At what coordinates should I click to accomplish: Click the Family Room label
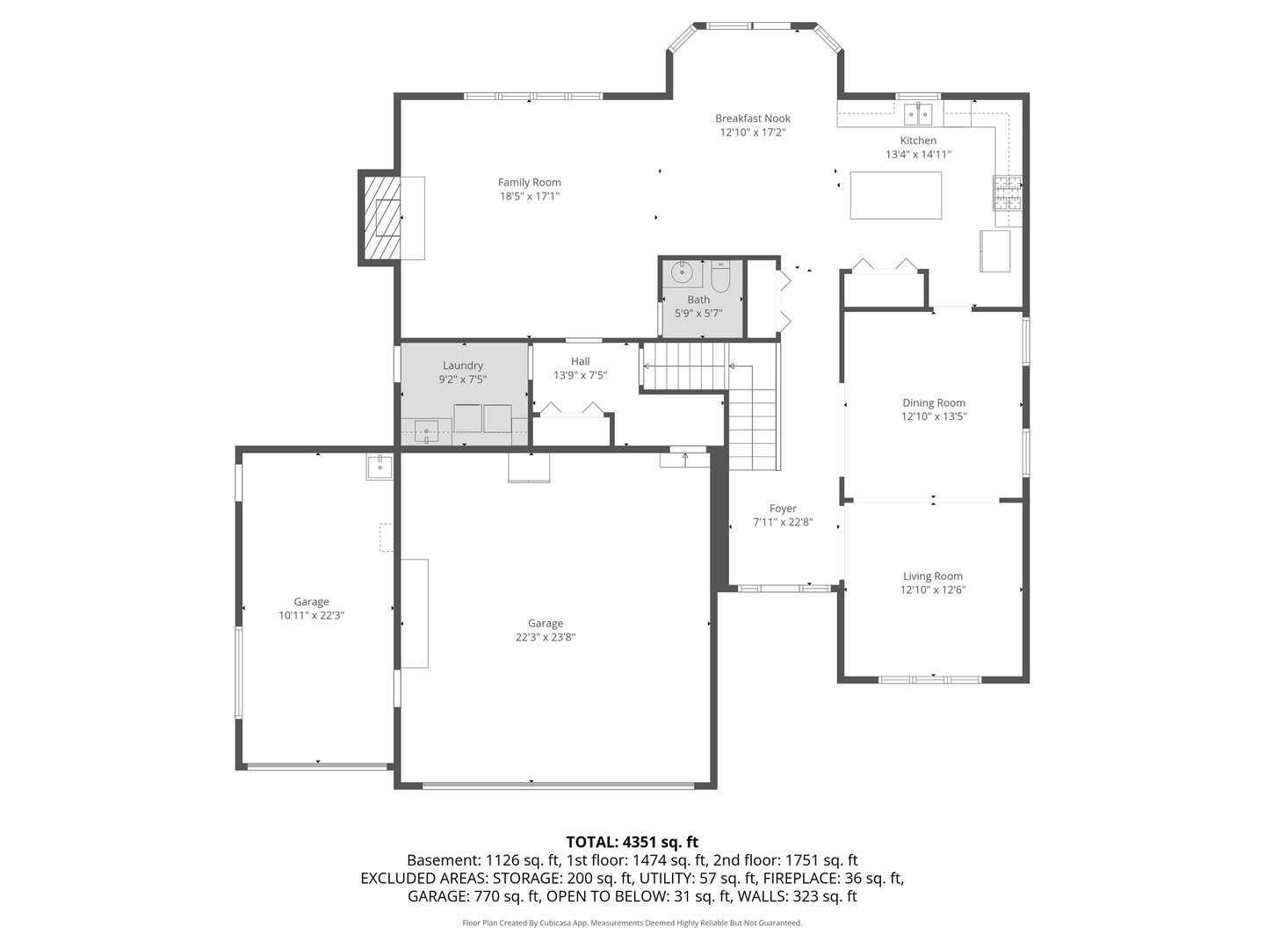(529, 183)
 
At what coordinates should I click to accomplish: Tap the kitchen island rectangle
(895, 195)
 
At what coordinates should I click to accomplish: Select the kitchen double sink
(918, 113)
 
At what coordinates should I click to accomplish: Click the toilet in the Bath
(720, 277)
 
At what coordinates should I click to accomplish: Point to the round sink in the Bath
(682, 273)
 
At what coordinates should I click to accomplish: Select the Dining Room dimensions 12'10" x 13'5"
(933, 417)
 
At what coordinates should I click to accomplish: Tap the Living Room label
(932, 576)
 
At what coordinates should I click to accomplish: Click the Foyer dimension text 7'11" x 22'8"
(783, 522)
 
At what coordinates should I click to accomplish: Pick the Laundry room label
(462, 366)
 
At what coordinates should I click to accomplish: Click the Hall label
(580, 361)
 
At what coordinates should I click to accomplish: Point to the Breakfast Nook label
(752, 119)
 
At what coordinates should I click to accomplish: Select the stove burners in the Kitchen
(1007, 192)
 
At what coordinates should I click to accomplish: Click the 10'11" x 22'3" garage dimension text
(311, 616)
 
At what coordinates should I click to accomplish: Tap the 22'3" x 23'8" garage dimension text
(545, 638)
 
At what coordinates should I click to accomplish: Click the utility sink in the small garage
(379, 466)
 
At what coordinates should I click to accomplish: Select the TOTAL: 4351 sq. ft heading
(632, 842)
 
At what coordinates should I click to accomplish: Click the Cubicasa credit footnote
(632, 923)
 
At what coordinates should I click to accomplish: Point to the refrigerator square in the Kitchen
(994, 251)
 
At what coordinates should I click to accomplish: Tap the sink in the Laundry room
(427, 431)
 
